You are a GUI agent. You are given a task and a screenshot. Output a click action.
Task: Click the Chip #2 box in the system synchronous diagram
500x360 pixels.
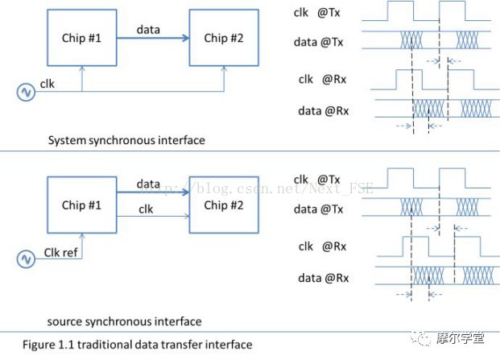[223, 38]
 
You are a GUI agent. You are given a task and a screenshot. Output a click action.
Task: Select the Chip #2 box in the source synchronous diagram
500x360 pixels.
[222, 205]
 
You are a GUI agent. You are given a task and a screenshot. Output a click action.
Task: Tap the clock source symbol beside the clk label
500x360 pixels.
[25, 93]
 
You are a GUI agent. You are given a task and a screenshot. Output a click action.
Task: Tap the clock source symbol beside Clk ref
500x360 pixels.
[25, 259]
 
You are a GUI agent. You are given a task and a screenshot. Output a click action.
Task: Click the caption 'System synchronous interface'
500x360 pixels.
[126, 140]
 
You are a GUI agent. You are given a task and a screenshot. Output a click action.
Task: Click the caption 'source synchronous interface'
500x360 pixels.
[125, 321]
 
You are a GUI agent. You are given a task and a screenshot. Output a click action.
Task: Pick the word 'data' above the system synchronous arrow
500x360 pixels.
[148, 30]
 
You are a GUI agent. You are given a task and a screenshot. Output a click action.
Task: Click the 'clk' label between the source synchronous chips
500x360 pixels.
[147, 209]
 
